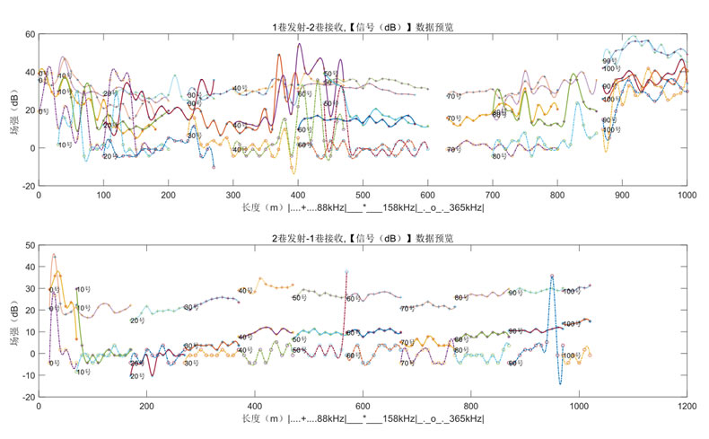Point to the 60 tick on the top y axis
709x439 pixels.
click(x=30, y=34)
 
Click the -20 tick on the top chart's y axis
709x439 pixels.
click(x=27, y=186)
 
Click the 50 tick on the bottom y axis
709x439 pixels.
click(x=30, y=244)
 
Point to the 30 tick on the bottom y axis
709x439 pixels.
click(x=30, y=288)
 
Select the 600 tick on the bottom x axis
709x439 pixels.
click(x=363, y=406)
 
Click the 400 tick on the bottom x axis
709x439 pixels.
click(x=255, y=406)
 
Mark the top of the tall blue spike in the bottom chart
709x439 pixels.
click(x=552, y=276)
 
